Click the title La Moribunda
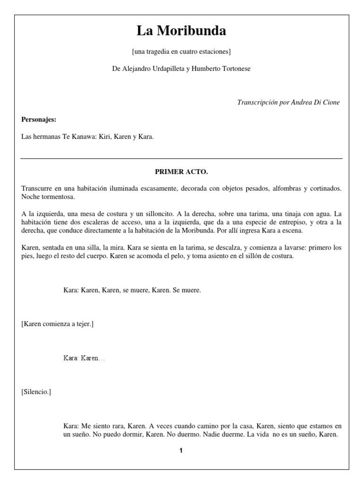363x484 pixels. [x=181, y=31]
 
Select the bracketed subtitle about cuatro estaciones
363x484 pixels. [x=181, y=51]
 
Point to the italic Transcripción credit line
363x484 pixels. [x=288, y=103]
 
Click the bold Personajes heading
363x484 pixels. [x=39, y=120]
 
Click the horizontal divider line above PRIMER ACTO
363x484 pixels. [x=181, y=158]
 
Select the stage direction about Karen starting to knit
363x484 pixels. [x=58, y=324]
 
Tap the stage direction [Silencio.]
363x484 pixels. [x=36, y=392]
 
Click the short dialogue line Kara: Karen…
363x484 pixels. [x=84, y=358]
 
